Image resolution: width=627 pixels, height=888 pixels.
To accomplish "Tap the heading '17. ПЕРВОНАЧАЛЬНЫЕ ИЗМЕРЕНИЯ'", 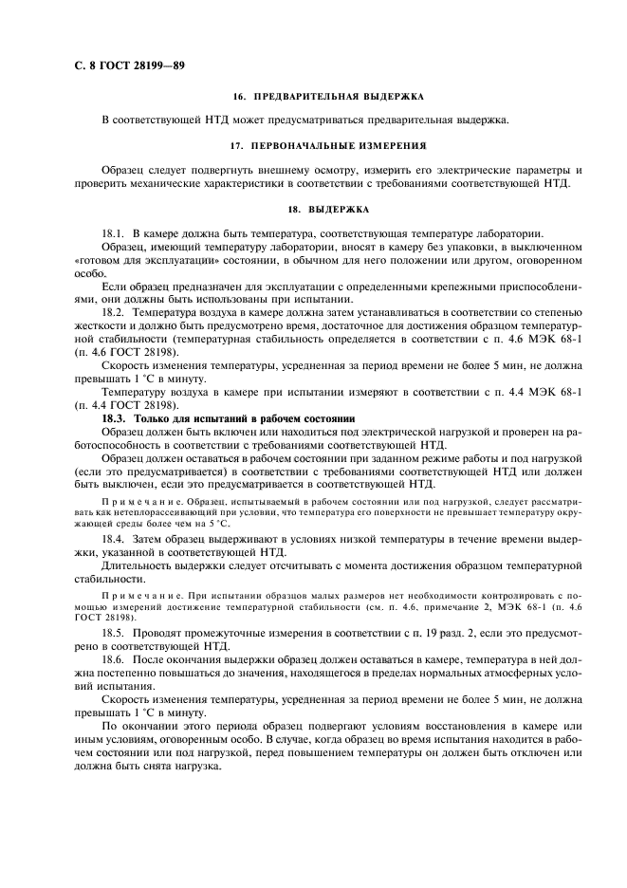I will pos(328,146).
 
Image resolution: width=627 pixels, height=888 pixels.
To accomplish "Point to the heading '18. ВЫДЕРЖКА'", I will pos(328,209).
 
